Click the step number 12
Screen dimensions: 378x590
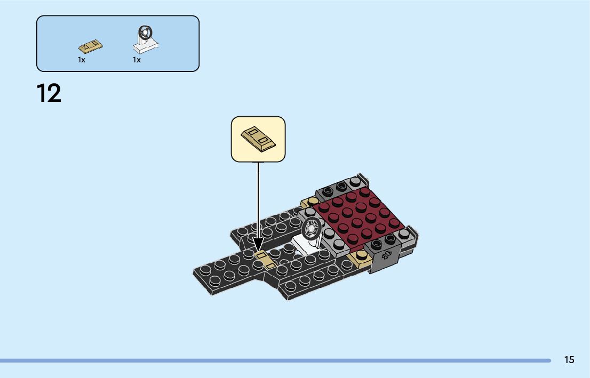[x=49, y=93]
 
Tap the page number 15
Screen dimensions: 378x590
[x=569, y=360]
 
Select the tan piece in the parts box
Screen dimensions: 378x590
[x=91, y=46]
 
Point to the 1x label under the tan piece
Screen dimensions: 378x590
[x=81, y=60]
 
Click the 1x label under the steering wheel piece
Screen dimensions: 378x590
[x=137, y=60]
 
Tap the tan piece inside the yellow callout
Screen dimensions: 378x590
[x=258, y=138]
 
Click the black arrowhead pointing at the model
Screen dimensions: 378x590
[x=258, y=245]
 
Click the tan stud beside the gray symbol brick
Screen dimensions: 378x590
[x=358, y=260]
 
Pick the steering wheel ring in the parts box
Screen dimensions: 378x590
[x=145, y=33]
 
